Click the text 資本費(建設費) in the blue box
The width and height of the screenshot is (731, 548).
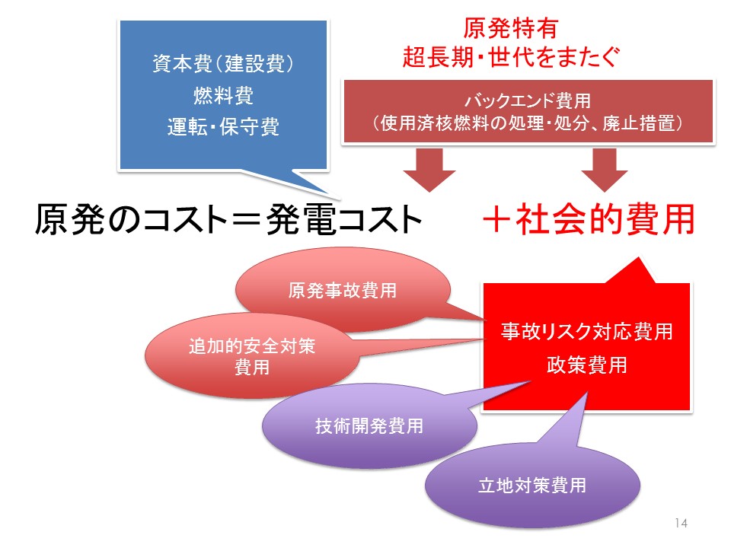(223, 63)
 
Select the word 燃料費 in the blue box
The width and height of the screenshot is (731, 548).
(223, 96)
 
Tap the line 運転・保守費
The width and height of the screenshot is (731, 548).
(223, 127)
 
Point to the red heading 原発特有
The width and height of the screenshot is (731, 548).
(510, 28)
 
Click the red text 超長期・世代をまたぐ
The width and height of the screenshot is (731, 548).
(511, 57)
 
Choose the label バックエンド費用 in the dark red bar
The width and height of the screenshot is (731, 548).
(528, 100)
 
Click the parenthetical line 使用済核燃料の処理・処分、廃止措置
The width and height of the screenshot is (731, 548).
(528, 123)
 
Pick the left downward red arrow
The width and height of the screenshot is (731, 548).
(429, 170)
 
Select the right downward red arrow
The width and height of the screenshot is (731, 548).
(605, 170)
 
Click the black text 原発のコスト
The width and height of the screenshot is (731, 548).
(132, 219)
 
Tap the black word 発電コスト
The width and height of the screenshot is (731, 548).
(344, 219)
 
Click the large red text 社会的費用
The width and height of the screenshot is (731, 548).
(605, 219)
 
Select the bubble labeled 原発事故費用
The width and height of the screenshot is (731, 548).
(343, 290)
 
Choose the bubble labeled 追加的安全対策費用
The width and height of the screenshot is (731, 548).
(252, 356)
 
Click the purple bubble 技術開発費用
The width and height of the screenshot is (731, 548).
(369, 426)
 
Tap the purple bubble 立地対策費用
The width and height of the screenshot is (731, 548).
(532, 486)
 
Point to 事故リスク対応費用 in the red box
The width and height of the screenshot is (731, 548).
(587, 331)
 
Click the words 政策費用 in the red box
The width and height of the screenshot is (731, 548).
(587, 365)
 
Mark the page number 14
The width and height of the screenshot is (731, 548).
(681, 523)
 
